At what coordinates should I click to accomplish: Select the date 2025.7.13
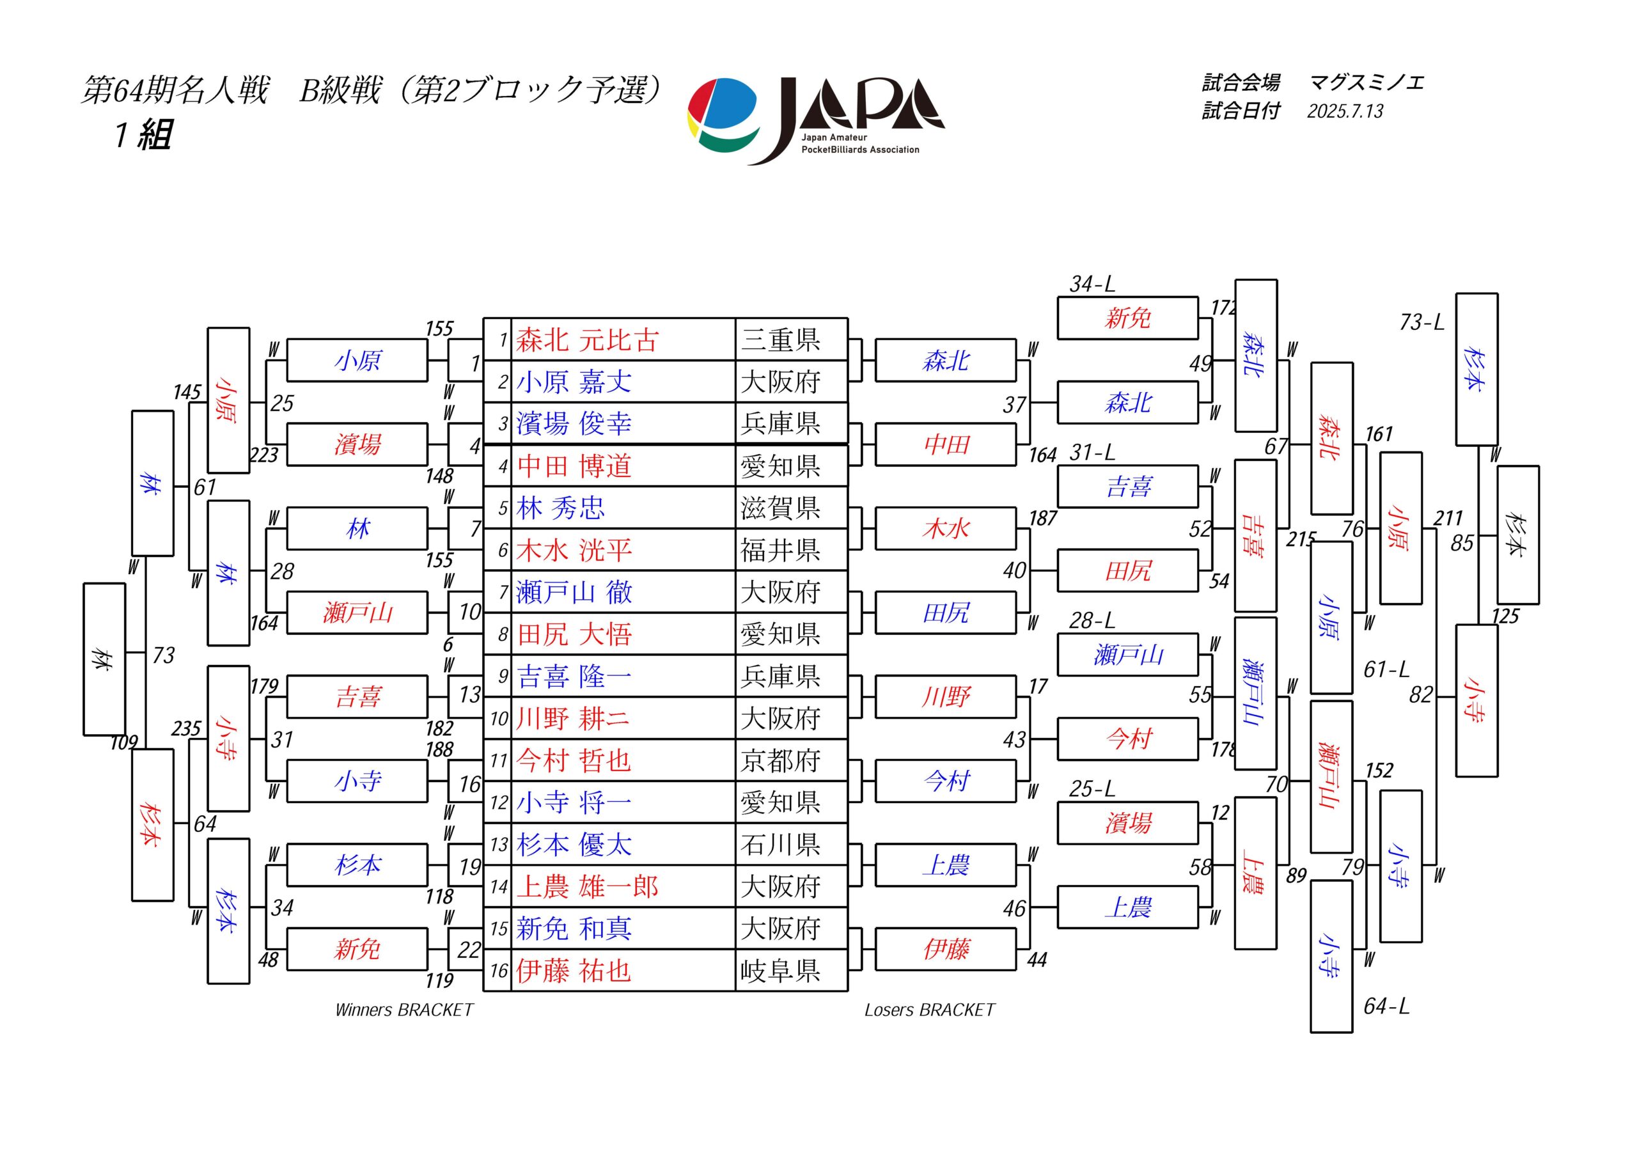click(1345, 111)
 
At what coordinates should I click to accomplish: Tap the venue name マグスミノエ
click(1367, 82)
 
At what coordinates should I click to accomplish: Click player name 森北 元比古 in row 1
click(588, 340)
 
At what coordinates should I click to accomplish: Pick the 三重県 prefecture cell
click(781, 340)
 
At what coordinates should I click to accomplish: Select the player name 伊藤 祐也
click(574, 971)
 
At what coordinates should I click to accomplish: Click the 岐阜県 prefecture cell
click(781, 971)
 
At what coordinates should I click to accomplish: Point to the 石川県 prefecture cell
click(781, 844)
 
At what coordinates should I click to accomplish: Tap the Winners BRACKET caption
click(404, 1010)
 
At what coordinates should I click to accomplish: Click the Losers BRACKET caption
click(930, 1010)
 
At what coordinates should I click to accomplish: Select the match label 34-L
click(1092, 284)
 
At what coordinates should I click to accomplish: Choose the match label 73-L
click(1422, 322)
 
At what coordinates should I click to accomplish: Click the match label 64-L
click(1387, 1006)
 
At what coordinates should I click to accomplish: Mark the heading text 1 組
click(143, 134)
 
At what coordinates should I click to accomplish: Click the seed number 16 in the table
click(498, 971)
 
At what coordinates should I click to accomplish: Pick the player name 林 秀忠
click(560, 508)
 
